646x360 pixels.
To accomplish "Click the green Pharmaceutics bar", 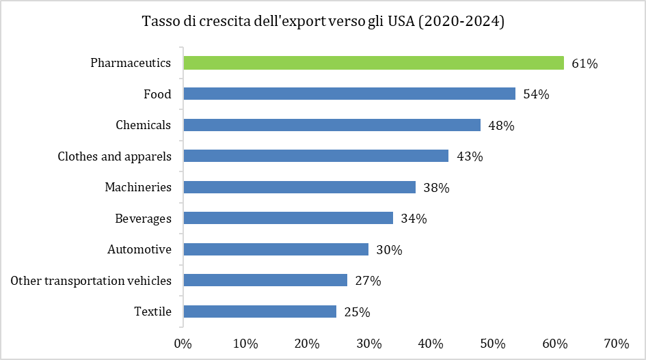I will click(373, 63).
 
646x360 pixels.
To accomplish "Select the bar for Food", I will click(349, 94).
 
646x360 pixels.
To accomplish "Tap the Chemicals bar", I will click(332, 125).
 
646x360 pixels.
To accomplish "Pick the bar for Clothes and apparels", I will click(316, 156).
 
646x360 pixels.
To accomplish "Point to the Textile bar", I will click(260, 311).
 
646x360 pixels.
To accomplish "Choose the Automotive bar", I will click(276, 249).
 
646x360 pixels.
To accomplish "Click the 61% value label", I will click(584, 64).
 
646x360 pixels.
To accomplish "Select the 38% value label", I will click(435, 188).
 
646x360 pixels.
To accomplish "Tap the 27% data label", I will click(368, 281).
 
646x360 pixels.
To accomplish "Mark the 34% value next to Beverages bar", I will click(414, 219).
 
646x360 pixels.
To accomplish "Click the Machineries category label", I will click(138, 187).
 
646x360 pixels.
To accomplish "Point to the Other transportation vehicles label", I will click(91, 280).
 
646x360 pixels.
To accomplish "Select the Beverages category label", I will click(143, 219).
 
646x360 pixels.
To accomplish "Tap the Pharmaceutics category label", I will click(131, 63).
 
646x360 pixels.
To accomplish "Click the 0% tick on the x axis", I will click(183, 343).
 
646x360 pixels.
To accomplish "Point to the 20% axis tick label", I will click(307, 343).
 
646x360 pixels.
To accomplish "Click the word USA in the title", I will click(401, 22).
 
